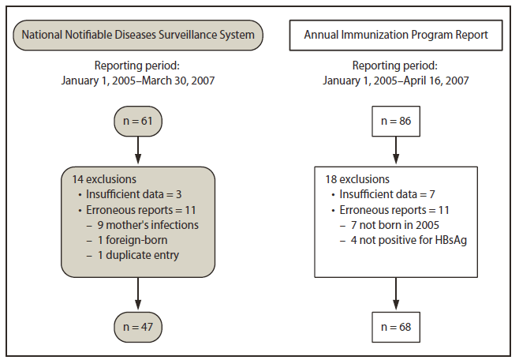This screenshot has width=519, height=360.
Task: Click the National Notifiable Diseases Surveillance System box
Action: tap(138, 35)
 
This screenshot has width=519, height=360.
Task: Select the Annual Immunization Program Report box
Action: tap(395, 35)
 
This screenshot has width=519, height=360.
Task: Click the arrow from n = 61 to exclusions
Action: tap(138, 150)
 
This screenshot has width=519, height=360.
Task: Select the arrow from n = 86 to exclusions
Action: tap(395, 150)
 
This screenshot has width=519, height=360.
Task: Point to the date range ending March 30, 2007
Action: tap(138, 80)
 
